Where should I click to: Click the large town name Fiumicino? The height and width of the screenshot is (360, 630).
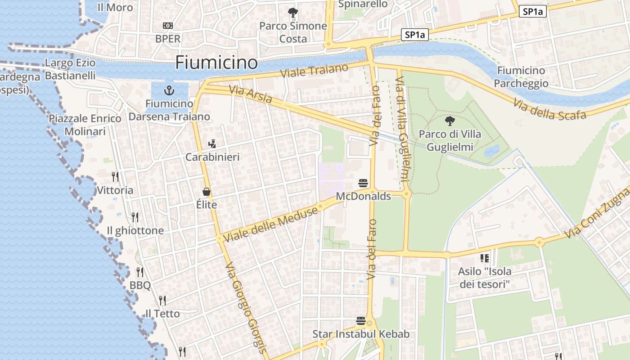click(x=216, y=62)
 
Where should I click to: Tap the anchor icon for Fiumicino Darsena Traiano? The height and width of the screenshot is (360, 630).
click(x=169, y=90)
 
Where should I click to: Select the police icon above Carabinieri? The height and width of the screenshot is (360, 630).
click(x=212, y=144)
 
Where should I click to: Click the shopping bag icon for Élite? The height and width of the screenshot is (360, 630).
click(x=207, y=192)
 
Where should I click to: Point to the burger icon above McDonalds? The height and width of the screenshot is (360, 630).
click(x=363, y=183)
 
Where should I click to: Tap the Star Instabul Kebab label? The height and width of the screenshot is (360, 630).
click(x=361, y=334)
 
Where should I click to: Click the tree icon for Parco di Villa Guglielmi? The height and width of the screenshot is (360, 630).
click(x=449, y=121)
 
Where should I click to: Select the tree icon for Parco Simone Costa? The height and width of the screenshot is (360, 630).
click(x=293, y=12)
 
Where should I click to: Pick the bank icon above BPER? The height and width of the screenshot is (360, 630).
click(x=168, y=26)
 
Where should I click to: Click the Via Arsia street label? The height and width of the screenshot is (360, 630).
click(x=250, y=94)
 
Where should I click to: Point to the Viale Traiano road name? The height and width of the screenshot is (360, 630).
click(x=314, y=71)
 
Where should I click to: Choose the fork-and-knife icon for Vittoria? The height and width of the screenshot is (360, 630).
click(x=115, y=176)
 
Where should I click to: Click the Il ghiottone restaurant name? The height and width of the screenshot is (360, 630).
click(x=135, y=230)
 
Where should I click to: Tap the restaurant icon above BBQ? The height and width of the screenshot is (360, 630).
click(x=140, y=272)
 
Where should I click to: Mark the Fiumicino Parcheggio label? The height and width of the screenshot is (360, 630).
click(x=521, y=77)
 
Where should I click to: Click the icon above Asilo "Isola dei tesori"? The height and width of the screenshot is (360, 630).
click(x=485, y=258)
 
